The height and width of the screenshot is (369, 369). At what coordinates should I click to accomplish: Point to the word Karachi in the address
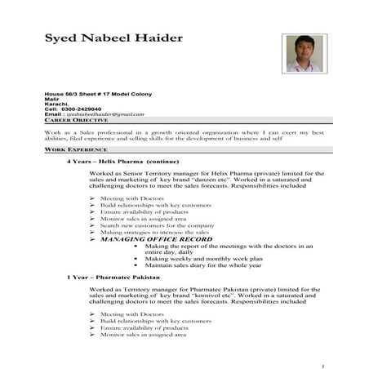click(56, 104)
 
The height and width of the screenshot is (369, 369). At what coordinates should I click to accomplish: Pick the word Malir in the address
click(52, 99)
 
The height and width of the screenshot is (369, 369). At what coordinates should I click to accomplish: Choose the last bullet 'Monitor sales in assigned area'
click(143, 335)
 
